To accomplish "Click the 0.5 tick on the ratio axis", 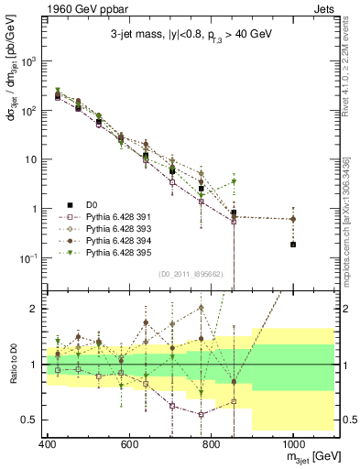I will (30, 420).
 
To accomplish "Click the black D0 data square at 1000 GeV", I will (293, 245).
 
